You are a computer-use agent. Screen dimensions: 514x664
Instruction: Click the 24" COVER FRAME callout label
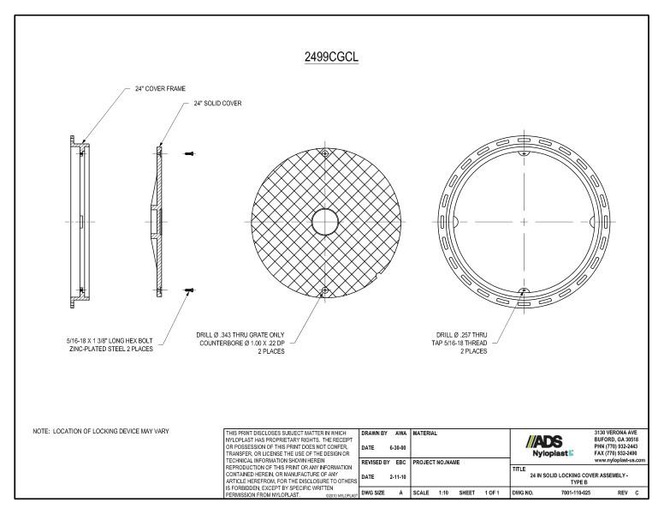(x=160, y=88)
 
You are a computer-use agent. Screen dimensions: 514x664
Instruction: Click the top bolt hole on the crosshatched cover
(x=324, y=153)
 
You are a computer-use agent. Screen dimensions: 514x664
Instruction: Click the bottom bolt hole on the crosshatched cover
(x=324, y=291)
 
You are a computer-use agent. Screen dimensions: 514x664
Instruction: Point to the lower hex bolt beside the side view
(x=188, y=291)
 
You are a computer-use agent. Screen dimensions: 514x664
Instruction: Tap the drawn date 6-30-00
(x=395, y=448)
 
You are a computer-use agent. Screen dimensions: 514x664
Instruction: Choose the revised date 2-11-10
(x=395, y=477)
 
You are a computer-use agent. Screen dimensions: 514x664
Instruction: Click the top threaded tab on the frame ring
(x=523, y=153)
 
